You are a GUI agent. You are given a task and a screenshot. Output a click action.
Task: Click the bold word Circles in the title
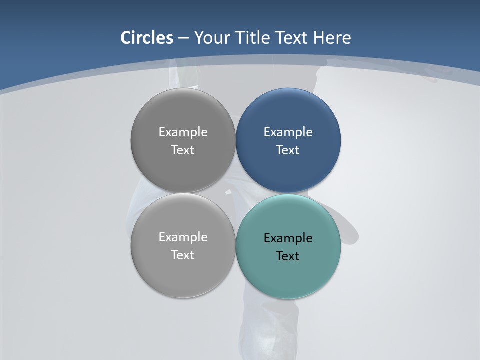click(146, 38)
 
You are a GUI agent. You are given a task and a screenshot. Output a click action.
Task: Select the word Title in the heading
click(254, 38)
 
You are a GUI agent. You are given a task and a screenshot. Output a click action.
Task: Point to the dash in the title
click(183, 38)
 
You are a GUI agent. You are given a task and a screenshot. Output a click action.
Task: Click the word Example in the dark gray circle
click(183, 132)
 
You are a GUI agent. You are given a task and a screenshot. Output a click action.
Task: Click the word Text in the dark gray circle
click(183, 150)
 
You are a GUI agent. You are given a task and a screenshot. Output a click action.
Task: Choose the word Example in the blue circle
click(288, 132)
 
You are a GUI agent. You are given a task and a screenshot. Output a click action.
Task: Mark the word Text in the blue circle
click(288, 150)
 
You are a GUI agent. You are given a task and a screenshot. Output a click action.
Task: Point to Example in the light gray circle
click(183, 237)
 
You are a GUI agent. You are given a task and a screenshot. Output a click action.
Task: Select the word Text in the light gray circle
click(183, 255)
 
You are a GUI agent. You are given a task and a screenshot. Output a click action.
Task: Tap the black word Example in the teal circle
click(288, 238)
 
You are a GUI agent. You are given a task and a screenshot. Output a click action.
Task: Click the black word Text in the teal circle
click(288, 256)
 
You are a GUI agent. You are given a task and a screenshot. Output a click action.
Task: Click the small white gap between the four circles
click(229, 192)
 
